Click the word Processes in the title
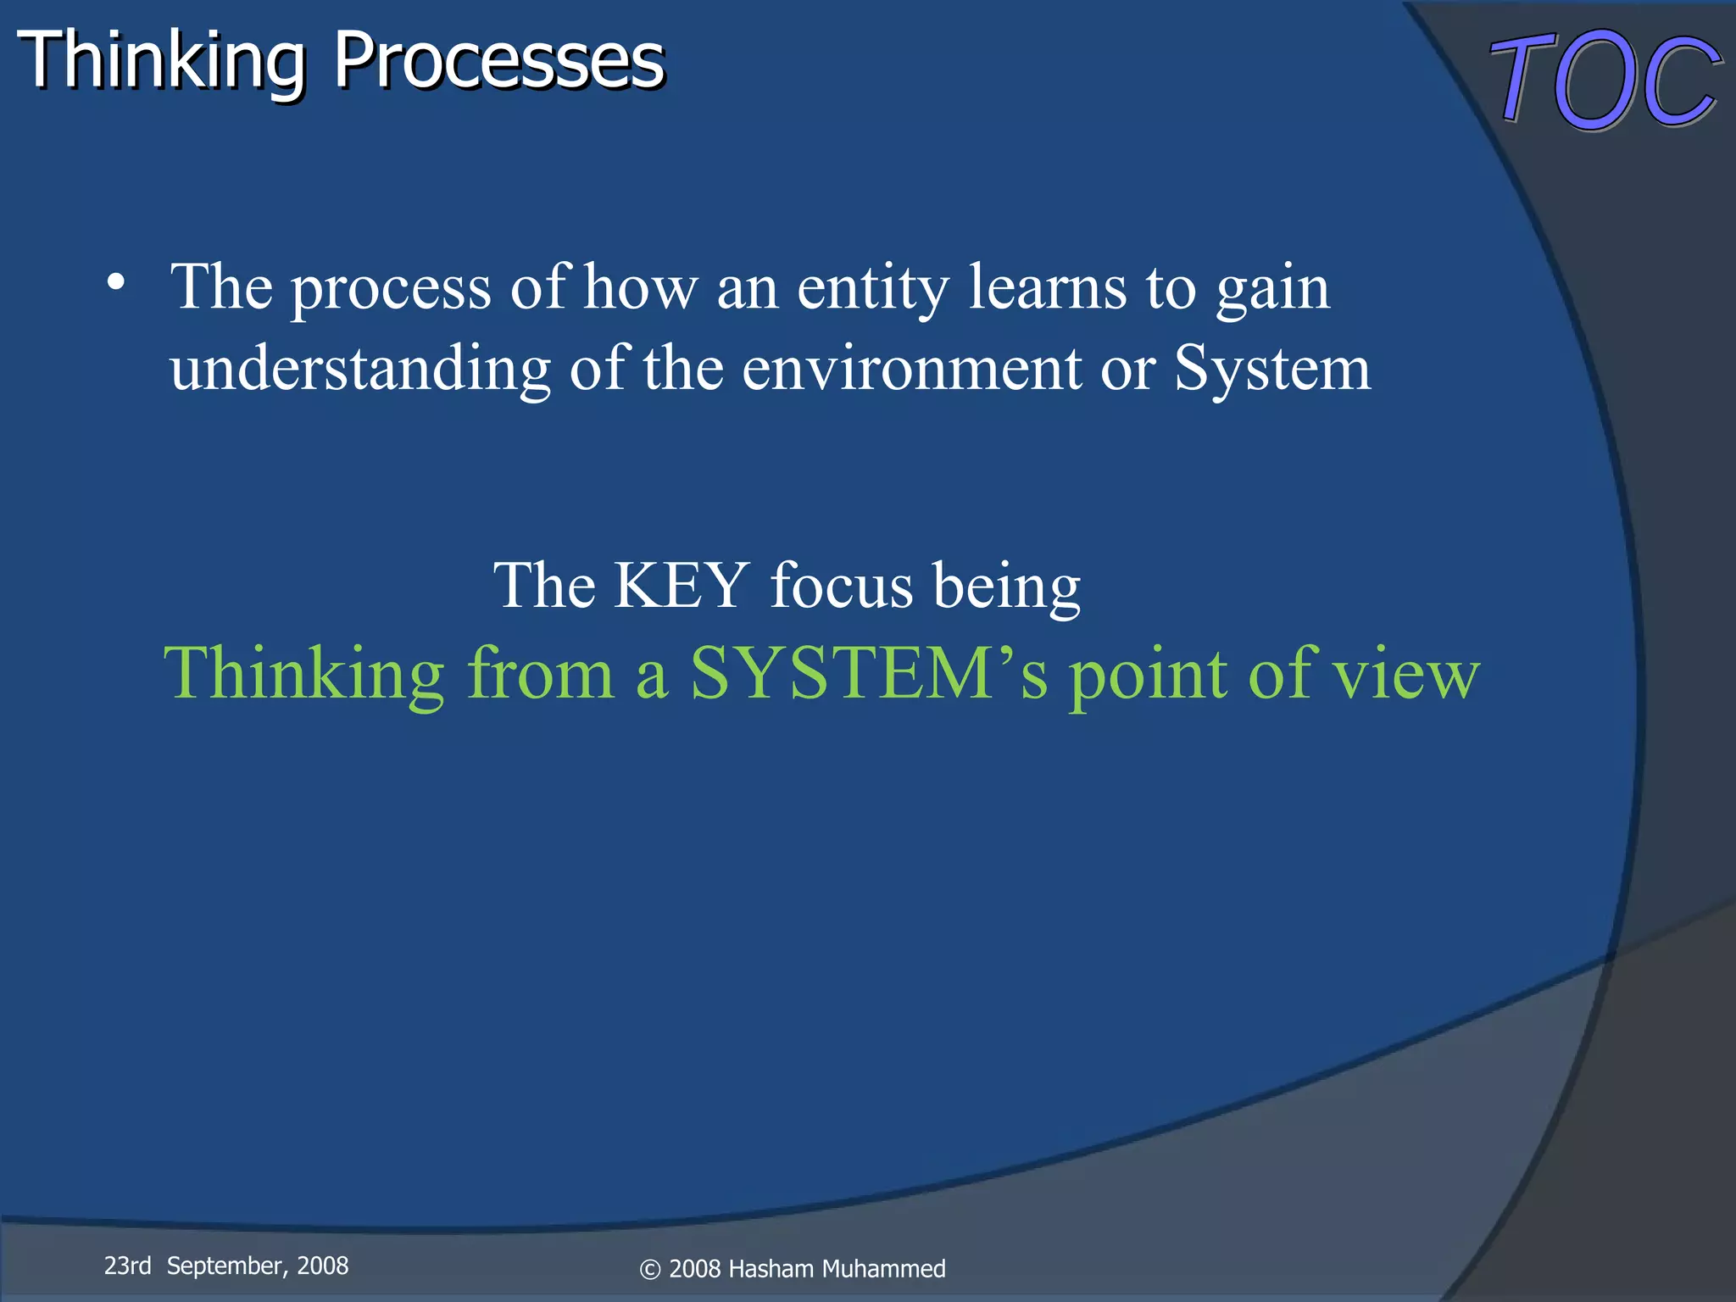point(498,61)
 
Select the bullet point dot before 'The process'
point(117,283)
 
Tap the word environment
point(911,370)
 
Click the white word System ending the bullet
point(1271,370)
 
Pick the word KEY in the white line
point(681,585)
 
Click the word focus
point(841,585)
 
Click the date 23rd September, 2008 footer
point(226,1266)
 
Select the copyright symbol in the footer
point(649,1270)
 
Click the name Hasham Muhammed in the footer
point(837,1269)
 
